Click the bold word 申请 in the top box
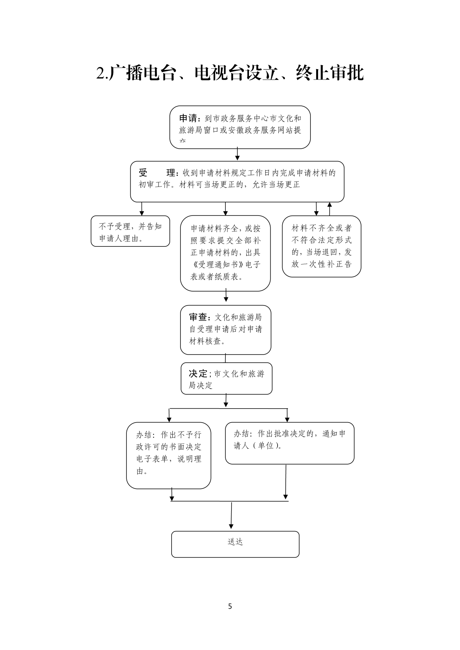click(x=189, y=118)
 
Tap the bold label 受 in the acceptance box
click(x=143, y=173)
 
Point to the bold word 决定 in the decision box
click(x=198, y=373)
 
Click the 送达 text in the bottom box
click(x=235, y=542)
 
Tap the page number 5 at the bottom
click(x=230, y=606)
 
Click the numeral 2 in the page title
click(x=101, y=73)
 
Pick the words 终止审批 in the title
click(x=330, y=73)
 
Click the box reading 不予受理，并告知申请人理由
click(x=130, y=231)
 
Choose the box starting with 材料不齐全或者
click(x=321, y=246)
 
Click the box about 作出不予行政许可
click(x=169, y=455)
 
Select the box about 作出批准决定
click(x=290, y=443)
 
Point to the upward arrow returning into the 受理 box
click(x=329, y=209)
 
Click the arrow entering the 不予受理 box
click(x=142, y=209)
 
